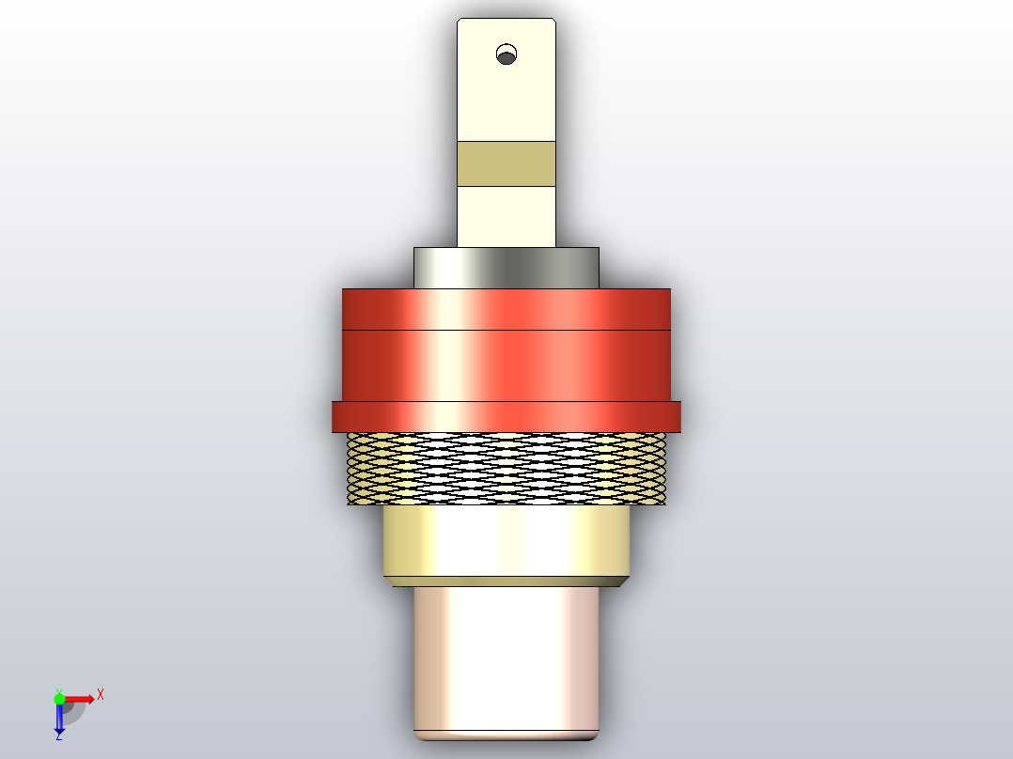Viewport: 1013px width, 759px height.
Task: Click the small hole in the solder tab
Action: pos(506,54)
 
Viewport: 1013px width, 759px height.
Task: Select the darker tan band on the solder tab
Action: pos(506,163)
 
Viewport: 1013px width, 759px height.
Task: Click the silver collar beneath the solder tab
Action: pos(506,268)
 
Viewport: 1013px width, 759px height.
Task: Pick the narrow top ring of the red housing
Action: pos(506,309)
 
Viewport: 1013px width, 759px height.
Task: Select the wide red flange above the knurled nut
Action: pos(506,416)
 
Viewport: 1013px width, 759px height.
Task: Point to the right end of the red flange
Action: pos(675,416)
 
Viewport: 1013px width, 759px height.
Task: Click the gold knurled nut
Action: pos(506,468)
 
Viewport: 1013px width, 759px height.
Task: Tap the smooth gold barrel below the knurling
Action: pos(506,540)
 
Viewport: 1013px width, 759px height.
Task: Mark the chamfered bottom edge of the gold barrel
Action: pos(506,581)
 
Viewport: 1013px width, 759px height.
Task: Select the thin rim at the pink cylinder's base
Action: pos(506,735)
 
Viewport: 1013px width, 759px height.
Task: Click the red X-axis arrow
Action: pos(81,699)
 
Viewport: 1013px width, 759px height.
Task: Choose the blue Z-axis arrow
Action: pos(59,719)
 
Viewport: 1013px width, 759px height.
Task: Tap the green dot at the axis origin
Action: pos(59,699)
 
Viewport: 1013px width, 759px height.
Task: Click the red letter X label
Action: pos(100,694)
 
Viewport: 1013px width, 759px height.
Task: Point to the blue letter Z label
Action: pos(58,736)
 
